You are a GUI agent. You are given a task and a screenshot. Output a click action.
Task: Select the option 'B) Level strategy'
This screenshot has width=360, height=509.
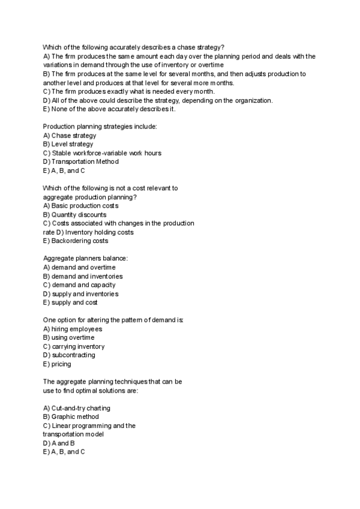[68, 144]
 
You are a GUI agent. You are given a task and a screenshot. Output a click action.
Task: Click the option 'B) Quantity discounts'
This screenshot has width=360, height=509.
[75, 214]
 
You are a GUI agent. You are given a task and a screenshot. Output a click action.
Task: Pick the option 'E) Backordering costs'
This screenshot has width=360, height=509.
[76, 241]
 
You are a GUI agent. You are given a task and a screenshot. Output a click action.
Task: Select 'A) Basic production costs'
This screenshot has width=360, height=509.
[81, 206]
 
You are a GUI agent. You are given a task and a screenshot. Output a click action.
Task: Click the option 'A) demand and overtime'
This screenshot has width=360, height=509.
[80, 267]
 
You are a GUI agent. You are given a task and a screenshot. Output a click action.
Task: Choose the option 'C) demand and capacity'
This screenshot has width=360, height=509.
[79, 285]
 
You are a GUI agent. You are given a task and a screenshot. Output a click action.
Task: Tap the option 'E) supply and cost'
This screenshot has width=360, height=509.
[71, 303]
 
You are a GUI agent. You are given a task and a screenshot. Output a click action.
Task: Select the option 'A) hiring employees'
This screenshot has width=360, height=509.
[73, 329]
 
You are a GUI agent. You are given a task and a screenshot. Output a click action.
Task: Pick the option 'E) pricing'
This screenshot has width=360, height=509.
[57, 364]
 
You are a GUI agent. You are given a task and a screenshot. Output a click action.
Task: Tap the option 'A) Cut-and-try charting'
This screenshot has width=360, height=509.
[77, 408]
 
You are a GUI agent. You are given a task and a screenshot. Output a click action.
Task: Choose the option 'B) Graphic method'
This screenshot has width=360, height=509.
[71, 417]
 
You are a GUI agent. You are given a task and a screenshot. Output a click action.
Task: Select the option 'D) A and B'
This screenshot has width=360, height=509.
[59, 443]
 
